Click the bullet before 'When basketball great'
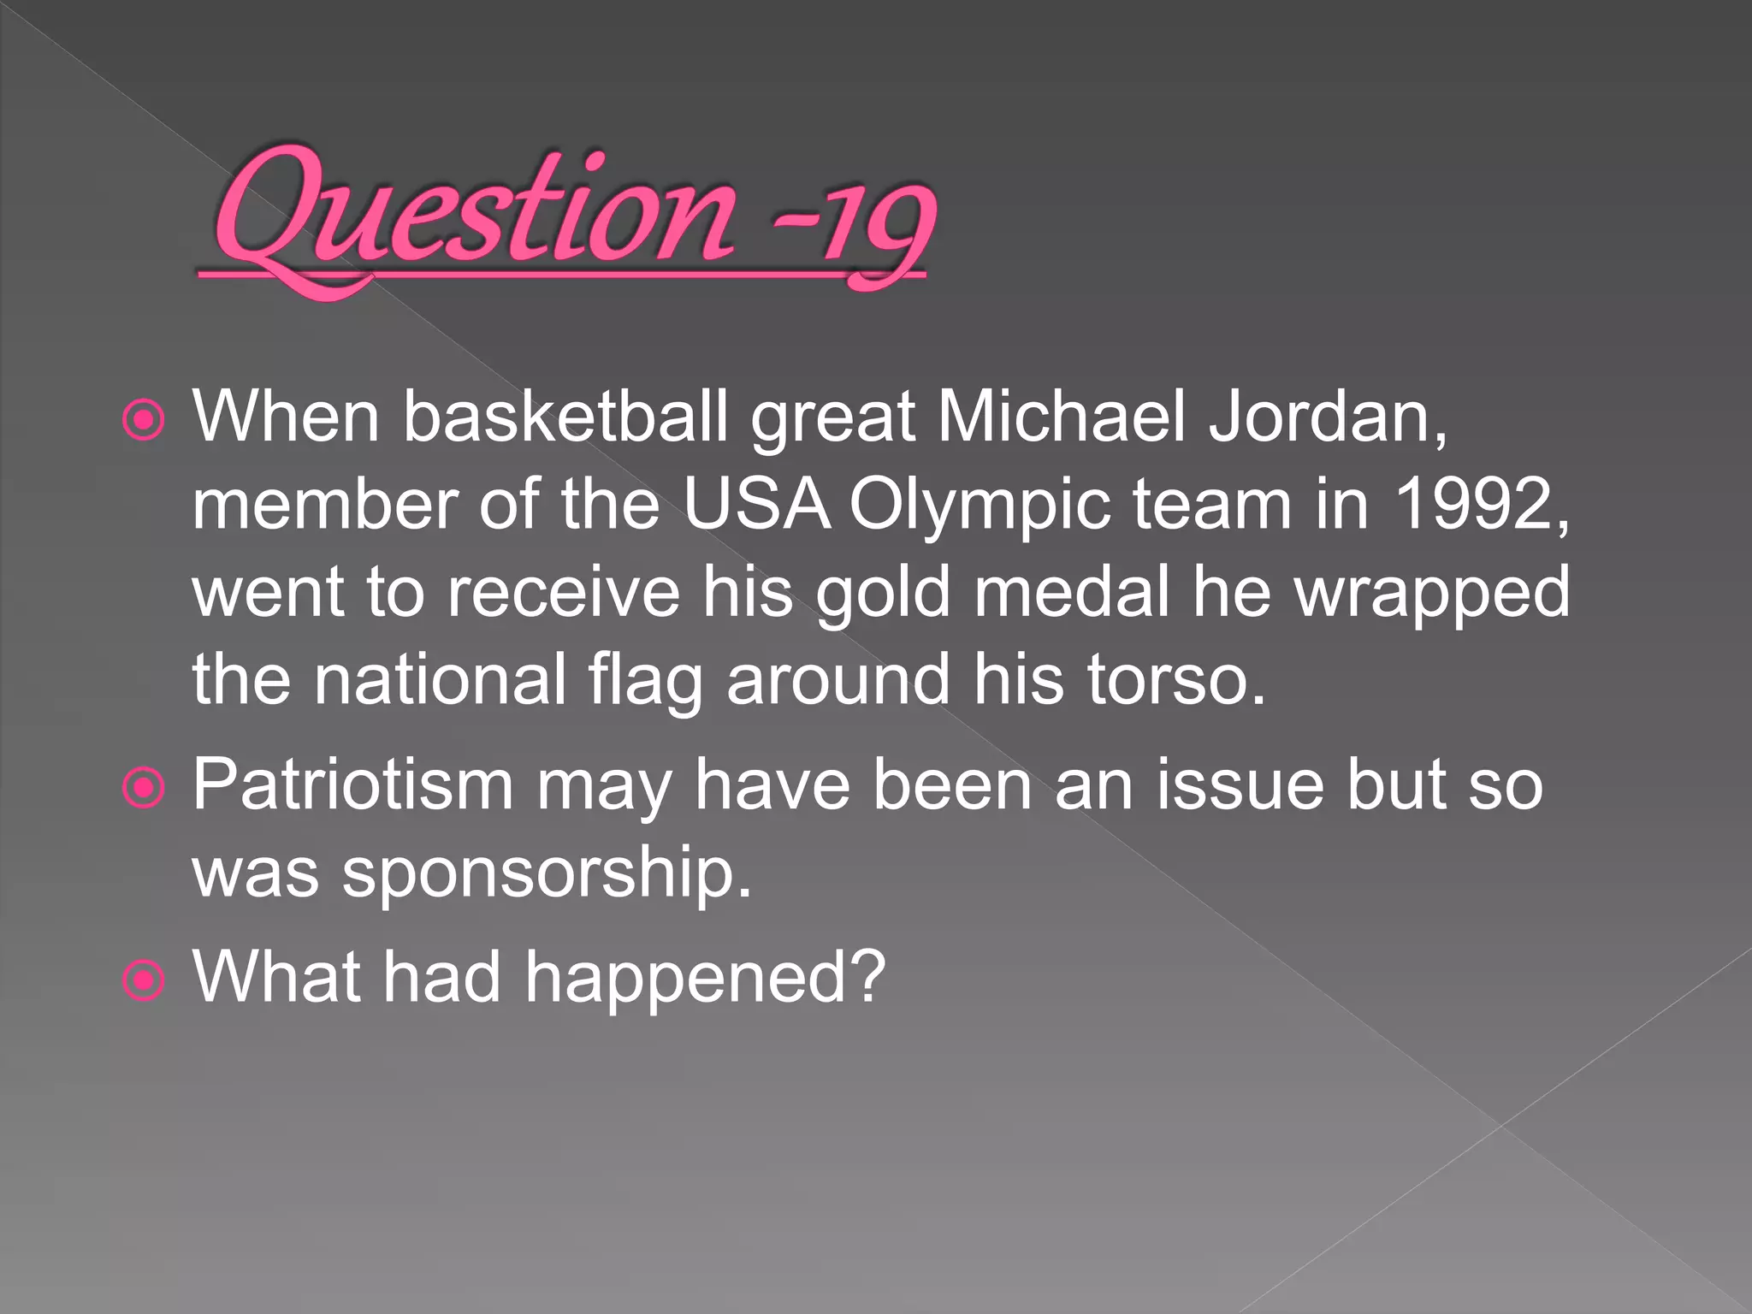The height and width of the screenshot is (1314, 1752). tap(143, 420)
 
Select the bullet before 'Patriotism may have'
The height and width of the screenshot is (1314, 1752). tap(143, 787)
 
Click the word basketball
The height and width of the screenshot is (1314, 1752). tap(565, 417)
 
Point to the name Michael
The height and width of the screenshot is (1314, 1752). tap(1062, 417)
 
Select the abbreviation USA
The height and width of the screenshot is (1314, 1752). tap(756, 505)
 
